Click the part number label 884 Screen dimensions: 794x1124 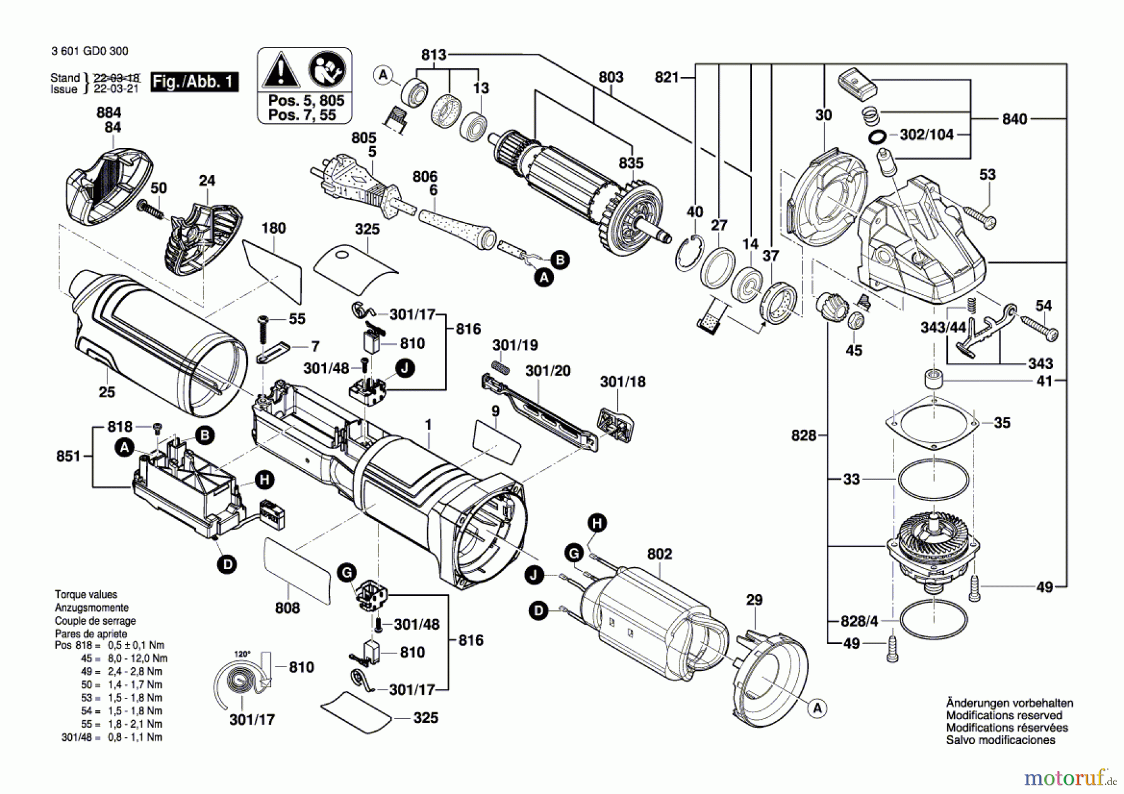(109, 112)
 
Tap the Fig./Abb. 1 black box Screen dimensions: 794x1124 (194, 82)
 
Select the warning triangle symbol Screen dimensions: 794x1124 (281, 70)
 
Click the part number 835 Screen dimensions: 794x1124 (631, 163)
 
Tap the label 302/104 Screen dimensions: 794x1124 (926, 135)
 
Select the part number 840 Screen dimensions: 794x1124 (1014, 119)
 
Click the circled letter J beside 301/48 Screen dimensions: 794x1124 (405, 368)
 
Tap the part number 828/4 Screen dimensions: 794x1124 (859, 621)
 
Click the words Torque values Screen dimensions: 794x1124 (86, 595)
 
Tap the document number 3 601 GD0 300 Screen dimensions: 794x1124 (90, 51)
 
